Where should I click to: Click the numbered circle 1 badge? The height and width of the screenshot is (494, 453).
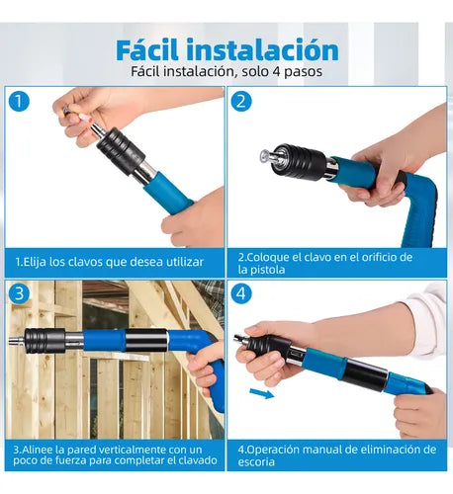(x=19, y=101)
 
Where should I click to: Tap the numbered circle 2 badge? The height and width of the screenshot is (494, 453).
(x=241, y=101)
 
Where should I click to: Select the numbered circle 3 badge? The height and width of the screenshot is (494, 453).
(x=19, y=293)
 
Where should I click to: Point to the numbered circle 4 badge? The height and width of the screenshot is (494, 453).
(x=241, y=293)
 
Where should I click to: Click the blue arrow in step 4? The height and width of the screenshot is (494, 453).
(x=262, y=393)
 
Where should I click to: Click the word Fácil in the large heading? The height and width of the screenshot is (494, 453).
(x=147, y=49)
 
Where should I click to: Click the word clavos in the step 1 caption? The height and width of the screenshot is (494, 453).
(x=85, y=262)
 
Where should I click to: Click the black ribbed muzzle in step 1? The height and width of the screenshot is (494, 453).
(x=121, y=151)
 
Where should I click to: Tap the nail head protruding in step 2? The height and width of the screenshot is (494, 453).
(x=264, y=155)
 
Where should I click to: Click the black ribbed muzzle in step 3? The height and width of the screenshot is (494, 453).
(x=45, y=341)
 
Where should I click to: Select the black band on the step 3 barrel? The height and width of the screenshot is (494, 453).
(x=146, y=340)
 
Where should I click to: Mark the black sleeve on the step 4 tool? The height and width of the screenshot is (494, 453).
(x=365, y=374)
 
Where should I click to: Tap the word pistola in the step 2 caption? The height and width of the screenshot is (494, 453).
(x=267, y=270)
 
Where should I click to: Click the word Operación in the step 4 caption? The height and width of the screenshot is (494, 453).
(x=272, y=450)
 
